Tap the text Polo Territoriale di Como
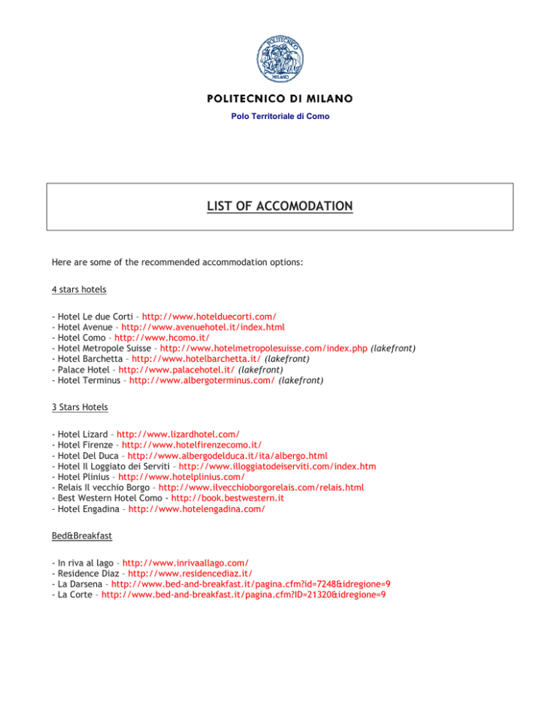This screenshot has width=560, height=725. (280, 117)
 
